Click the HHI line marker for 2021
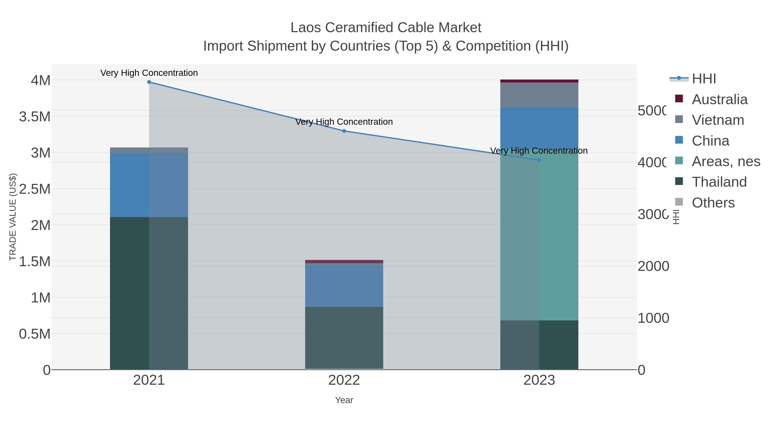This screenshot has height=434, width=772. click(x=149, y=82)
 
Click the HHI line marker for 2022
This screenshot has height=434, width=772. click(x=344, y=131)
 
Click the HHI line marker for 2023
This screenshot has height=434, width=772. click(x=539, y=160)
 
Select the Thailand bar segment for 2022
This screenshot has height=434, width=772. click(x=344, y=338)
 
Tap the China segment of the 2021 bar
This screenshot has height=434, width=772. click(x=149, y=185)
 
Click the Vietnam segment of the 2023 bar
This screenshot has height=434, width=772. click(x=539, y=95)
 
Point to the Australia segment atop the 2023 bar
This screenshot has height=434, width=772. click(x=539, y=81)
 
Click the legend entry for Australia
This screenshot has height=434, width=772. click(x=719, y=99)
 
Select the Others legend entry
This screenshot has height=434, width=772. click(x=713, y=203)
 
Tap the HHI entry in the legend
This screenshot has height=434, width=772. click(x=704, y=79)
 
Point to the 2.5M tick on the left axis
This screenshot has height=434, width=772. click(x=35, y=189)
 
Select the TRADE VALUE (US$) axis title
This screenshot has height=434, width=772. click(x=13, y=217)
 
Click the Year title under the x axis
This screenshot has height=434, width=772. click(x=344, y=400)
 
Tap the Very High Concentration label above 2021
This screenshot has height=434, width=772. click(x=149, y=73)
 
